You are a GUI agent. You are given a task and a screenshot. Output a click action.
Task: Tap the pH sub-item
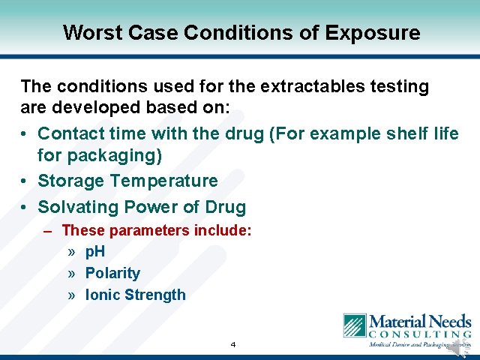click(95, 252)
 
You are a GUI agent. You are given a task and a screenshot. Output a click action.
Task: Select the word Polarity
click(112, 273)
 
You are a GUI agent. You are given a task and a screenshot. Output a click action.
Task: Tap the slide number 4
click(233, 344)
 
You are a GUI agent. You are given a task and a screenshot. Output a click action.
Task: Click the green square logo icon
click(354, 325)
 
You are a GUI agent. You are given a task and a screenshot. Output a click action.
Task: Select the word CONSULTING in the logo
click(419, 333)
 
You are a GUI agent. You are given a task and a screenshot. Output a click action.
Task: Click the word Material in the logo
click(396, 321)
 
